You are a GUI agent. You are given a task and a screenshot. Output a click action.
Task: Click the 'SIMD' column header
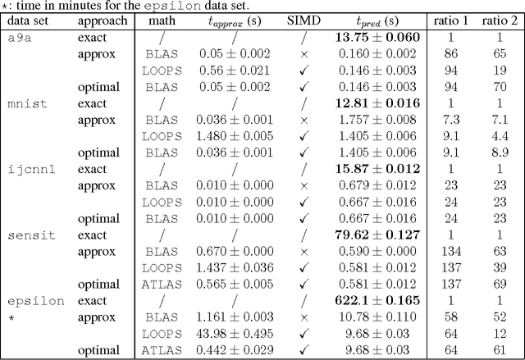pos(310,21)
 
